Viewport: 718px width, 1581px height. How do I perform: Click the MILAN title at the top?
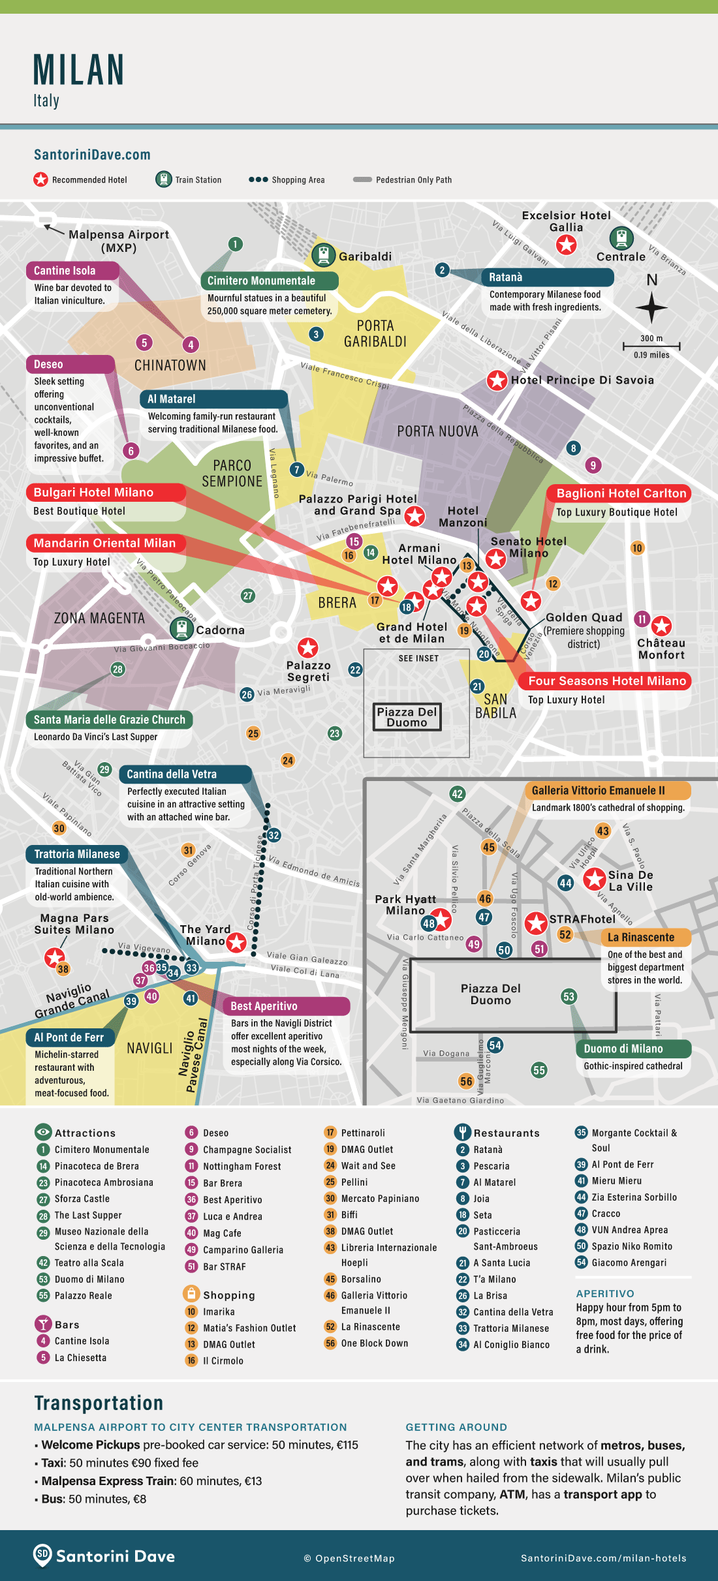(79, 70)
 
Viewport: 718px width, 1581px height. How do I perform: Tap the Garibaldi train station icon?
(323, 255)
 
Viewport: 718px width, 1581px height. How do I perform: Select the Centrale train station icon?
(621, 239)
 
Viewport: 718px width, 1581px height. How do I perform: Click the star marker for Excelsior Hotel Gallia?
(566, 245)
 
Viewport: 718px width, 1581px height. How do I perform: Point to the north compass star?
(651, 307)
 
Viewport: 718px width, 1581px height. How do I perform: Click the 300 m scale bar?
(651, 346)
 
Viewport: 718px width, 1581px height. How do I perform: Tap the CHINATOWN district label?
(170, 365)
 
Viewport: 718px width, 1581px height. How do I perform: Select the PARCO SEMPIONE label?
(232, 473)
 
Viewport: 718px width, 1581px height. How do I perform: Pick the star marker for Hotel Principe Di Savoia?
(497, 380)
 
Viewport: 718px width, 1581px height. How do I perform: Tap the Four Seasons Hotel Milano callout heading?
(606, 681)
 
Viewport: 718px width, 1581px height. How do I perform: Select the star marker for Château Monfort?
(662, 626)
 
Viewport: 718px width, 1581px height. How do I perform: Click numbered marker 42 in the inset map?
(457, 794)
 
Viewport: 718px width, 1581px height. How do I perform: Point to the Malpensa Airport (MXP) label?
(118, 241)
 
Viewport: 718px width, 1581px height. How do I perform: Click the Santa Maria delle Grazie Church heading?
(109, 720)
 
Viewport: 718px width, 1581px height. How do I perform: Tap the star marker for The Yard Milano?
(236, 942)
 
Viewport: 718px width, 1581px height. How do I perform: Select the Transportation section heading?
(99, 1403)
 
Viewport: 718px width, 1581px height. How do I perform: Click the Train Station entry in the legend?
(189, 179)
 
